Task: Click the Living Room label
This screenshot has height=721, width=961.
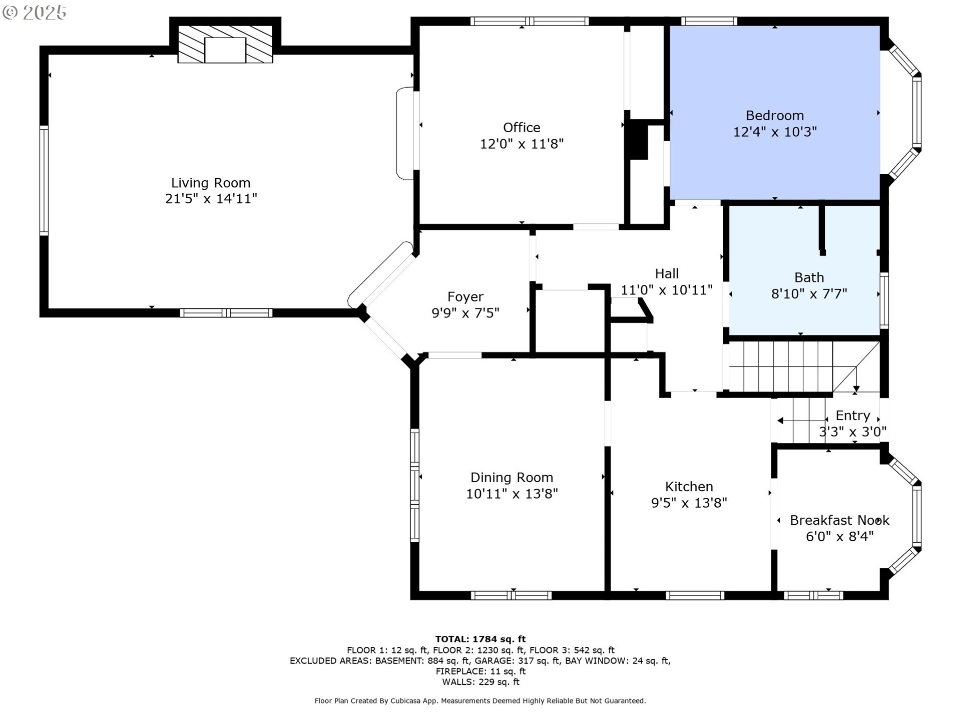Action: click(x=211, y=183)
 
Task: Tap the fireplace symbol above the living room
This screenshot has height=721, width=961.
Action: click(x=225, y=44)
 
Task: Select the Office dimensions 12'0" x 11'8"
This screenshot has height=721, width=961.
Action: click(x=522, y=144)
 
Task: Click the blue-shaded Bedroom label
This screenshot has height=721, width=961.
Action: click(x=775, y=116)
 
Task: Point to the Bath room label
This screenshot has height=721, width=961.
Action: click(x=809, y=277)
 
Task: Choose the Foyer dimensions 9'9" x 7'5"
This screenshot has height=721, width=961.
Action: click(x=465, y=313)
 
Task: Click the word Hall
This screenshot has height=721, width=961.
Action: click(x=667, y=273)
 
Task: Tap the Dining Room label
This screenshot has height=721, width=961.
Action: click(x=512, y=477)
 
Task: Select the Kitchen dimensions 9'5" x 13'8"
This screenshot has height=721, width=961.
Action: click(x=689, y=503)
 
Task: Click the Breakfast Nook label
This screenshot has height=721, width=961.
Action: click(x=839, y=520)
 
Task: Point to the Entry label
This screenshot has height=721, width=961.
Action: click(x=853, y=416)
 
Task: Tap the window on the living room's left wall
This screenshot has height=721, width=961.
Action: click(x=44, y=180)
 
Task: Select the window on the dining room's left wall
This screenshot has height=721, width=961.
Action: click(x=414, y=485)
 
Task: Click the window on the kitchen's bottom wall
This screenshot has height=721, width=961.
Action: click(x=695, y=595)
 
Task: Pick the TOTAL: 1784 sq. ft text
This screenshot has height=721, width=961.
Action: click(x=480, y=639)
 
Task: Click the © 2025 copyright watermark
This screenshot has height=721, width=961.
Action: click(x=34, y=13)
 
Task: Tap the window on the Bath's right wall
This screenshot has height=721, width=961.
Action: click(x=884, y=300)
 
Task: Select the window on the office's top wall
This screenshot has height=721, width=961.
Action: click(x=530, y=21)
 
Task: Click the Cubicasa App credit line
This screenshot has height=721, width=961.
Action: click(x=480, y=701)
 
